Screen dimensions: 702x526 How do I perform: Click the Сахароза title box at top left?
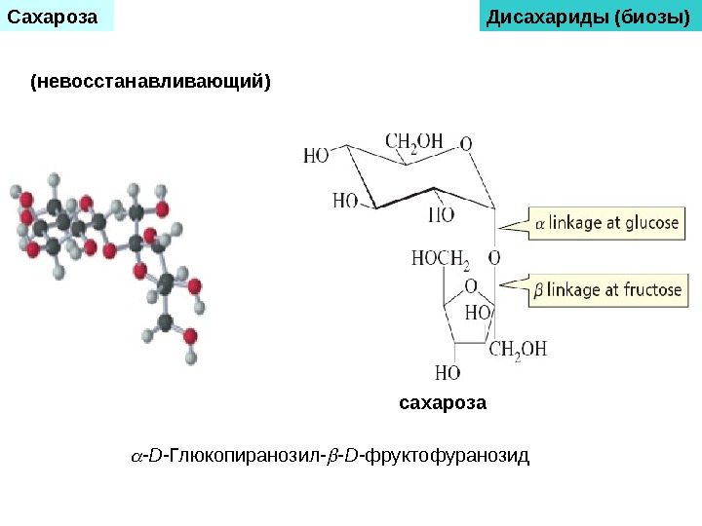[x=57, y=16]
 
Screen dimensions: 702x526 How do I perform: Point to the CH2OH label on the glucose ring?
[x=414, y=142]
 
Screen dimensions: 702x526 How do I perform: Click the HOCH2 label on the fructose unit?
[x=441, y=259]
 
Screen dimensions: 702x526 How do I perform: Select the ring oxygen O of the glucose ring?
[x=467, y=145]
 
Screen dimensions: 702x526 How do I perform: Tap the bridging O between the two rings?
[x=494, y=258]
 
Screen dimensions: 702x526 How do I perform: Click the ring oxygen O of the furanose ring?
[x=471, y=286]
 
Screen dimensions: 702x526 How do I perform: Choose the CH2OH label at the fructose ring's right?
[x=518, y=349]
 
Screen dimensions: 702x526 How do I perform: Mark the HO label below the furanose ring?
[x=447, y=372]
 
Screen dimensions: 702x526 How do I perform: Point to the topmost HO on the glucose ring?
[x=316, y=155]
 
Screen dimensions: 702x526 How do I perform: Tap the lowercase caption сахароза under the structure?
[x=443, y=402]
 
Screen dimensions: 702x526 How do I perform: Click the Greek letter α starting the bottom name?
[x=136, y=456]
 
